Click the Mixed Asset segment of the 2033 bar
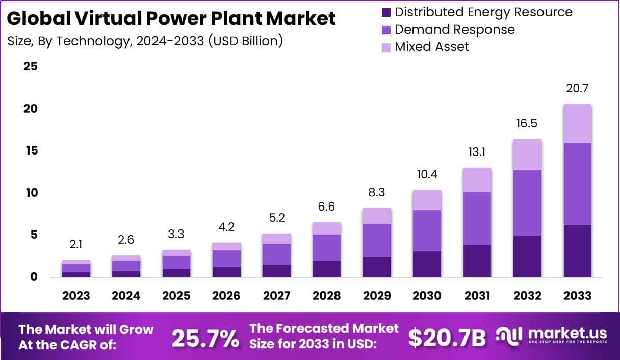point(577,123)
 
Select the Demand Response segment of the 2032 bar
point(527,203)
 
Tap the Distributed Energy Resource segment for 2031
point(477,261)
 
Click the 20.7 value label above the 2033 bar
point(577,89)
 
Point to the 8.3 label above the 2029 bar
point(376,193)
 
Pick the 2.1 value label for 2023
point(76,245)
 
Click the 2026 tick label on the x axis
point(226,296)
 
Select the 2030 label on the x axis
point(427,296)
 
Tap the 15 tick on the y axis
point(31,151)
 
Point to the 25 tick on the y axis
point(31,67)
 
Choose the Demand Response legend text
point(454,30)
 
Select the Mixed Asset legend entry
point(431,47)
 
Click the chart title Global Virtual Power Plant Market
point(171,19)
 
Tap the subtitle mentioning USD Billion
point(145,41)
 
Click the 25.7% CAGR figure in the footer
point(205,338)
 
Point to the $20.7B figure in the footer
point(447,338)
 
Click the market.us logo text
point(567,334)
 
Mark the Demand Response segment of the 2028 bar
point(326,248)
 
